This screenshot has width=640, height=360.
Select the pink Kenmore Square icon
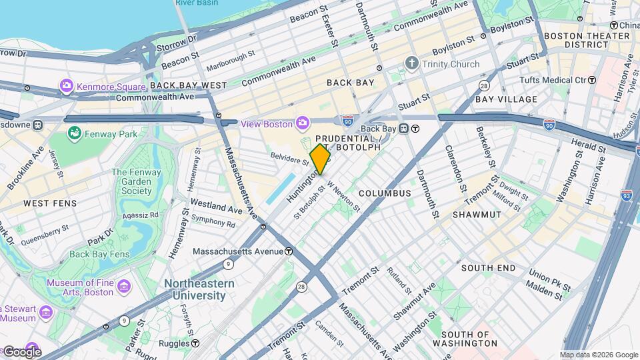tap(66, 86)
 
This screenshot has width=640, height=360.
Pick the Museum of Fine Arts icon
tap(123, 287)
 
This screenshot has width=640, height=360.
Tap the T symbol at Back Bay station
tap(415, 129)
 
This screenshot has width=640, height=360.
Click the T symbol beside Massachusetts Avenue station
tap(289, 251)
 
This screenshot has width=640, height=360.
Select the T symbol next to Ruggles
tap(195, 343)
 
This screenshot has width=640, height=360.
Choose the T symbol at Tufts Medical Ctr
tap(591, 80)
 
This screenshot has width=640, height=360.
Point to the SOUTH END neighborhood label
tap(488, 268)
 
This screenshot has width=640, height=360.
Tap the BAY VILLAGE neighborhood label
tap(506, 99)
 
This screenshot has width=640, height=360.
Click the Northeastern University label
tap(199, 289)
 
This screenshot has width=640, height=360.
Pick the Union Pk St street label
tap(549, 273)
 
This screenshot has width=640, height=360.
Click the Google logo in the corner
tap(21, 351)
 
